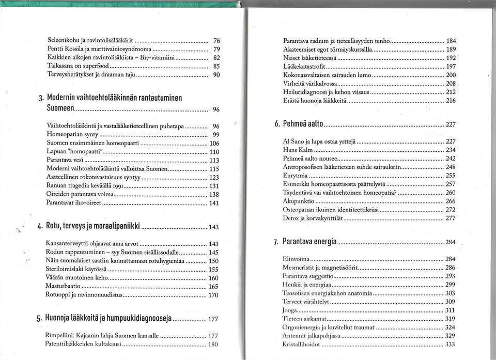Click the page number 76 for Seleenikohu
pos(216,40)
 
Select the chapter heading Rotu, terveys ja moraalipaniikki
pos(93,226)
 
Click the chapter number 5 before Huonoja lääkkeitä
pos(39,319)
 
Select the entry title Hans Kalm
pos(295,150)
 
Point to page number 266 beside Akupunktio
pos(450,201)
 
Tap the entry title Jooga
pos(289,310)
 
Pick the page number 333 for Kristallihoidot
pos(450,344)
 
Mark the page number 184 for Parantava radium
pos(451,41)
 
